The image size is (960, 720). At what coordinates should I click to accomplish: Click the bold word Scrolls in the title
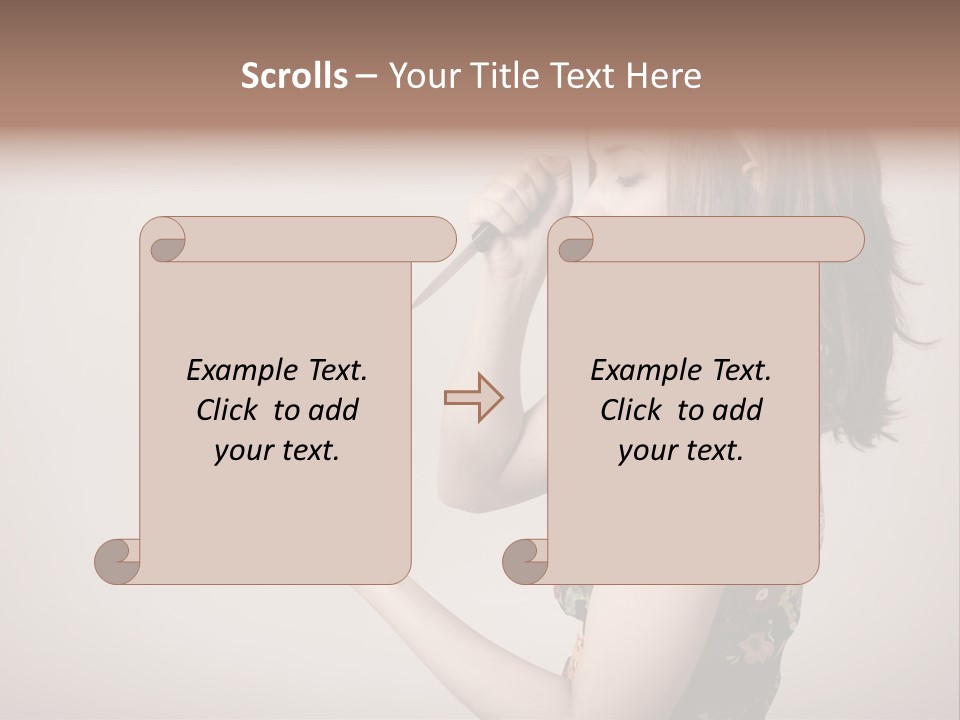tap(295, 76)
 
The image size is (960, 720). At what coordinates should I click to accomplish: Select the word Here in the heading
tap(664, 76)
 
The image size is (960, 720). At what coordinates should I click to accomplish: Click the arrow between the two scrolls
tap(474, 397)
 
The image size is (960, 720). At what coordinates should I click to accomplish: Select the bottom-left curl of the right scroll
tap(527, 558)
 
